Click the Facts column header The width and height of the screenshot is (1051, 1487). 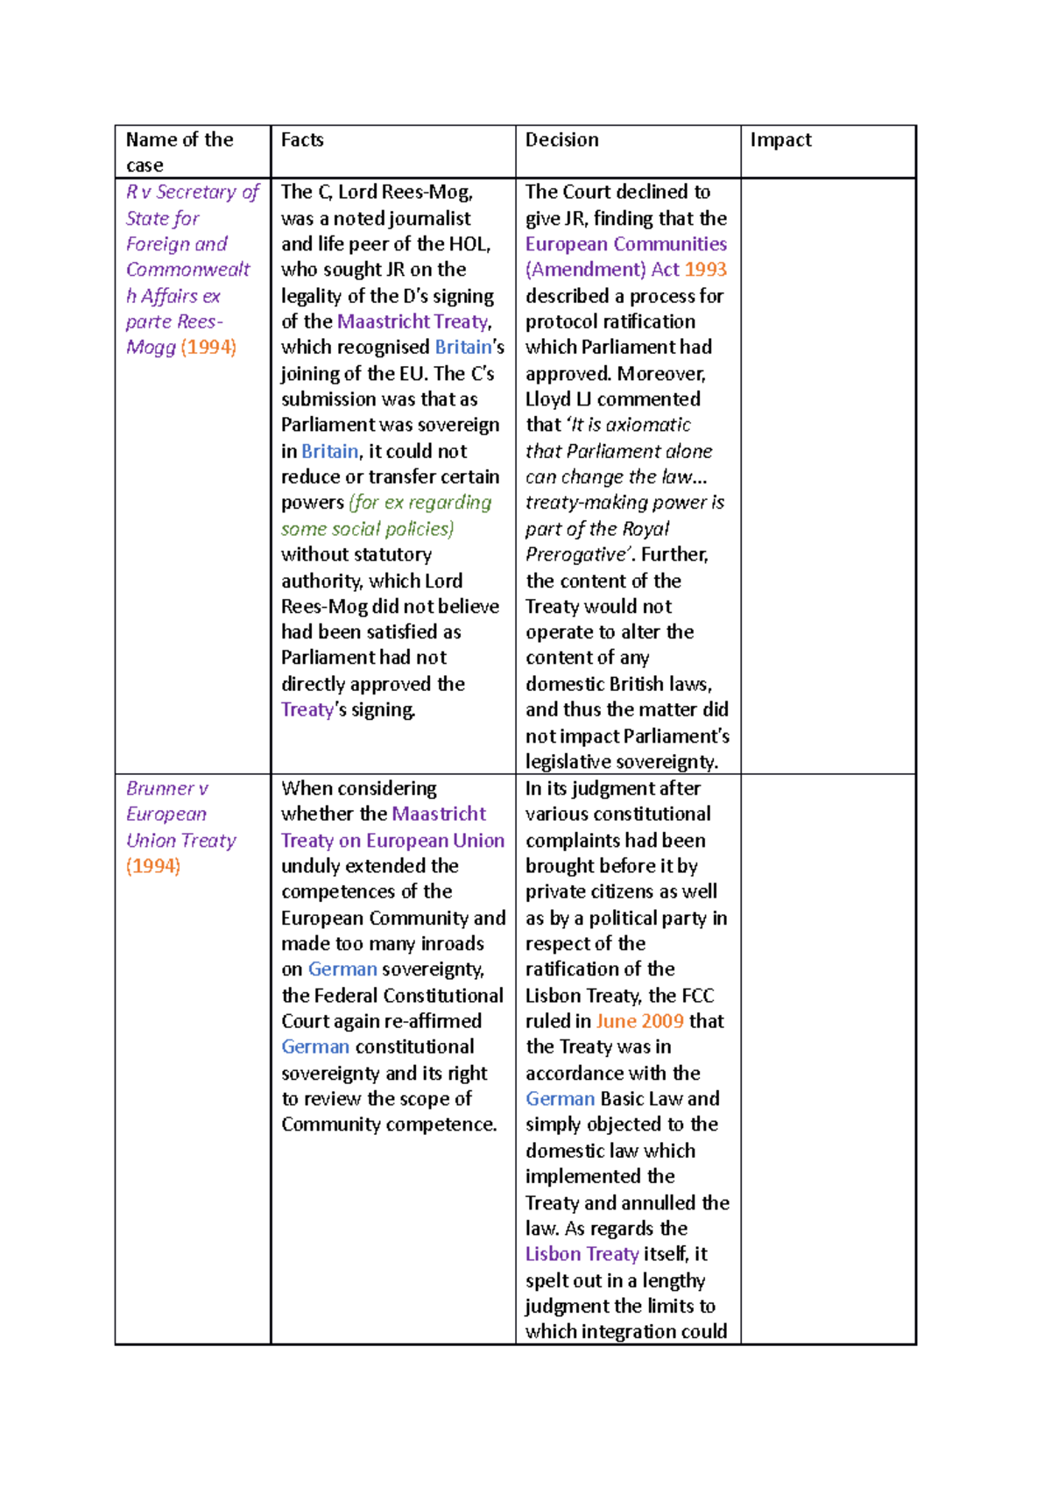(x=302, y=140)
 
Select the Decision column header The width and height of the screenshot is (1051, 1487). (x=561, y=140)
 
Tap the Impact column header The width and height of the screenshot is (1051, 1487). (x=780, y=140)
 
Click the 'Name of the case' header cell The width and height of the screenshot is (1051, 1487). (x=179, y=152)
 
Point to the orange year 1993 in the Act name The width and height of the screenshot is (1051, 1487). (x=706, y=270)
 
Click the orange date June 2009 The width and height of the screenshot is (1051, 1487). (x=639, y=1021)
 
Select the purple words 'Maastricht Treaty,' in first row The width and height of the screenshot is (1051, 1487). (x=414, y=321)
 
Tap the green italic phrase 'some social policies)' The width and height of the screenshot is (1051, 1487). (x=367, y=529)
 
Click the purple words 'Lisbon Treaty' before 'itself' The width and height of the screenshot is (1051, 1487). (x=582, y=1254)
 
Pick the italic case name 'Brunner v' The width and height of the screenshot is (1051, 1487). (x=166, y=788)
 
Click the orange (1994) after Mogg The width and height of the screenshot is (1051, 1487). (x=208, y=347)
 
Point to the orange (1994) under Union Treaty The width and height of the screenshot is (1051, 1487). (x=153, y=866)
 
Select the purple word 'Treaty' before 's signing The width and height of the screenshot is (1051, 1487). (x=307, y=709)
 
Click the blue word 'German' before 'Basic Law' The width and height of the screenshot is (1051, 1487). (x=560, y=1099)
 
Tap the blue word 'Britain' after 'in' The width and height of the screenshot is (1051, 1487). (x=329, y=451)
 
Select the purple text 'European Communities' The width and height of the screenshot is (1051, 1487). (x=625, y=244)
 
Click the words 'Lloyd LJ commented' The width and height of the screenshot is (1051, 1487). (x=612, y=399)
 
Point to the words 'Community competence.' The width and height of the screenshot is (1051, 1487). (x=389, y=1124)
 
